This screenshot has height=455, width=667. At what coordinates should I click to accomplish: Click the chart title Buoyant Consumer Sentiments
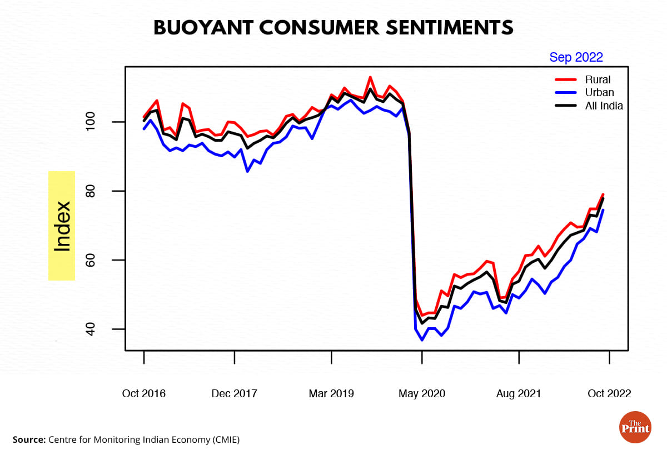333,28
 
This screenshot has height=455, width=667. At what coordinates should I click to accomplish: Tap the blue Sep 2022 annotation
576,57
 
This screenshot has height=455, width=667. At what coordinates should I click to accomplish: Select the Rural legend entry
598,80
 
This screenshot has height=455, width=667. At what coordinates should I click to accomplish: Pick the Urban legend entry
599,93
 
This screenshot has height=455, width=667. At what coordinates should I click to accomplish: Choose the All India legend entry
604,106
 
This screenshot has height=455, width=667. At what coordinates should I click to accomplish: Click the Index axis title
62,226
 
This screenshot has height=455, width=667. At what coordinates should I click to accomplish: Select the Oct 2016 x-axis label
143,393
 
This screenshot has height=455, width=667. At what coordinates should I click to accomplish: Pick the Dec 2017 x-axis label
235,393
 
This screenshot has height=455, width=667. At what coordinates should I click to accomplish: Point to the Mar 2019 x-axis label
331,393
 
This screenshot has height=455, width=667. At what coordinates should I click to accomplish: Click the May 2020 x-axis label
422,393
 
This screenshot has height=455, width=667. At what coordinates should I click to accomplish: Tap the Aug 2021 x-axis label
519,393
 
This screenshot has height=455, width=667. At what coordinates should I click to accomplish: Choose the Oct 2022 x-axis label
609,393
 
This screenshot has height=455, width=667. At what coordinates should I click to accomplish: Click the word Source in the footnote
28,439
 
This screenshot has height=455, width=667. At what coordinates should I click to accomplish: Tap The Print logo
635,427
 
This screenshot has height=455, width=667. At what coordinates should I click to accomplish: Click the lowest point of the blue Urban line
422,339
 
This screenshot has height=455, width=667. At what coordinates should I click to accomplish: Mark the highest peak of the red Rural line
370,77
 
